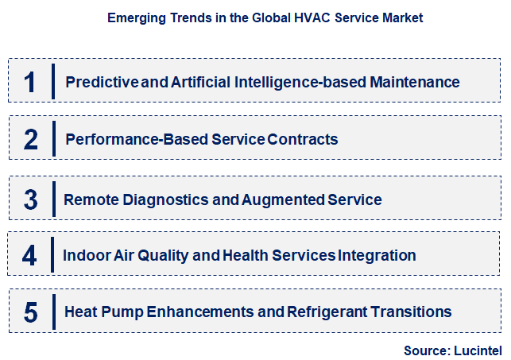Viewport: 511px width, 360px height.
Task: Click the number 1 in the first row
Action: point(30,82)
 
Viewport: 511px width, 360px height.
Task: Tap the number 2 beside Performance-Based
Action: point(31,140)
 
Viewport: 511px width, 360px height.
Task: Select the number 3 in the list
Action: point(31,199)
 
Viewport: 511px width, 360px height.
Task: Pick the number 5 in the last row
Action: point(31,312)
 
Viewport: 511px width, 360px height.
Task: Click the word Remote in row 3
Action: point(91,199)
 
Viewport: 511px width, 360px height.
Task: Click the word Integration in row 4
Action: point(377,256)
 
